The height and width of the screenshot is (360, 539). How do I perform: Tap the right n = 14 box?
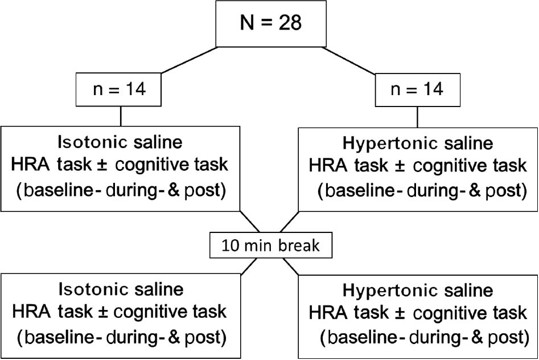tap(418, 89)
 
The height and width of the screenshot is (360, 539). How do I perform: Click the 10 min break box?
tap(270, 246)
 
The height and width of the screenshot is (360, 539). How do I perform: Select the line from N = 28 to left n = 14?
tap(189, 59)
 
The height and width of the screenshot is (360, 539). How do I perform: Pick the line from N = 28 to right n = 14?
tap(350, 59)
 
